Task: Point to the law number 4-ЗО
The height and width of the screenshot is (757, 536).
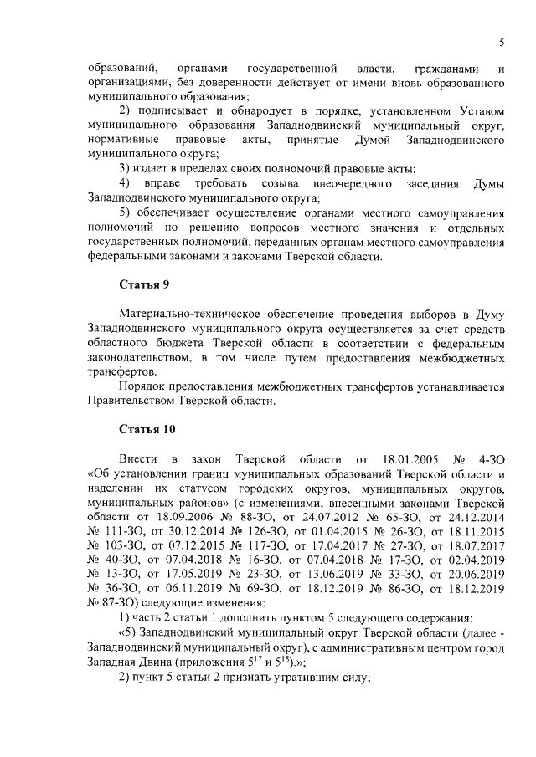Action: (487, 459)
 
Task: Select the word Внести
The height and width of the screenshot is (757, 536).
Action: (138, 459)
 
